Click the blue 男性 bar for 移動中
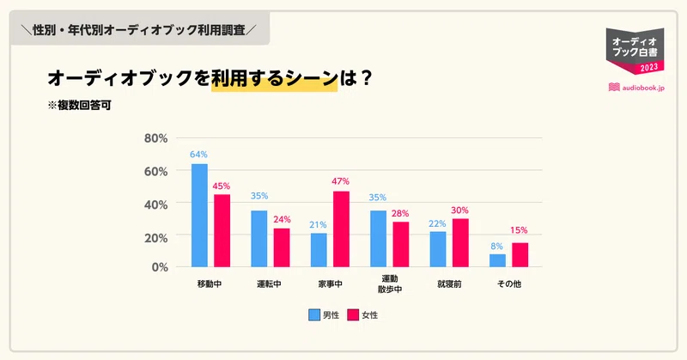pyautogui.click(x=199, y=215)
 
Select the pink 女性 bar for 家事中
pyautogui.click(x=341, y=229)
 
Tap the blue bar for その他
pyautogui.click(x=497, y=260)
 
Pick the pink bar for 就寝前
pyautogui.click(x=460, y=242)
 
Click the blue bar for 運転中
pyautogui.click(x=258, y=239)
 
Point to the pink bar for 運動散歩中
pyautogui.click(x=401, y=244)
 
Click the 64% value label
pyautogui.click(x=199, y=155)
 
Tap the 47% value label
pyautogui.click(x=341, y=182)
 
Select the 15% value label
pyautogui.click(x=519, y=230)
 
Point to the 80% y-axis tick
pyautogui.click(x=155, y=138)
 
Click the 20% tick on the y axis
pyautogui.click(x=155, y=235)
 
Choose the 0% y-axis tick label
pyautogui.click(x=160, y=267)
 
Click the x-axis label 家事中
pyautogui.click(x=330, y=284)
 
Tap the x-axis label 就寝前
pyautogui.click(x=449, y=284)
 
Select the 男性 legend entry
pyautogui.click(x=324, y=315)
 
